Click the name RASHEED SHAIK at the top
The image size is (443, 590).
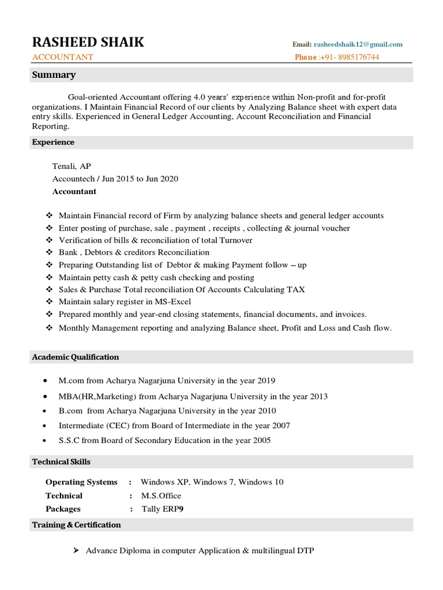pos(88,42)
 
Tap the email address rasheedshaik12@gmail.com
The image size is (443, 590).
pos(358,44)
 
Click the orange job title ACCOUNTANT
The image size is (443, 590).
pos(62,57)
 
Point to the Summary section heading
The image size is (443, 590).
pos(54,75)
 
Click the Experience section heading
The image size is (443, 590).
pos(53,142)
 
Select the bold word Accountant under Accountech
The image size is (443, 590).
pos(74,191)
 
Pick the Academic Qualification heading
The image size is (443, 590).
pos(76,357)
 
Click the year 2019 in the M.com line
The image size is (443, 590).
pos(265,381)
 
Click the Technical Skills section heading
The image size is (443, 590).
pos(61,462)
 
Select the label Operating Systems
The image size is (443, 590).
pos(81,482)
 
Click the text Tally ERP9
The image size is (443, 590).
pos(163,509)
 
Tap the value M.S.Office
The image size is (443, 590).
pos(161,496)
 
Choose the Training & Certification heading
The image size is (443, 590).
pos(77,525)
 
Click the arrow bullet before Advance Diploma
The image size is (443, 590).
pos(76,551)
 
